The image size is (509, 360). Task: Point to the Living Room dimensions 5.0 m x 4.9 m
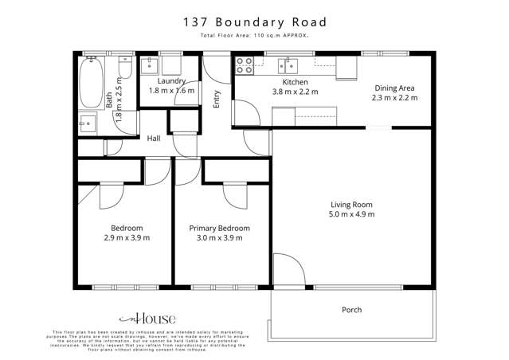tap(353, 214)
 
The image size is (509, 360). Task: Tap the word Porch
tap(351, 310)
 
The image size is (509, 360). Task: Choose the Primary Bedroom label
tap(219, 228)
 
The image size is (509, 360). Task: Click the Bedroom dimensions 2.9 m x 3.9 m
tap(127, 237)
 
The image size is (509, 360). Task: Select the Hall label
tap(155, 138)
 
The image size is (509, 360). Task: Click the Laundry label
tap(171, 81)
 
